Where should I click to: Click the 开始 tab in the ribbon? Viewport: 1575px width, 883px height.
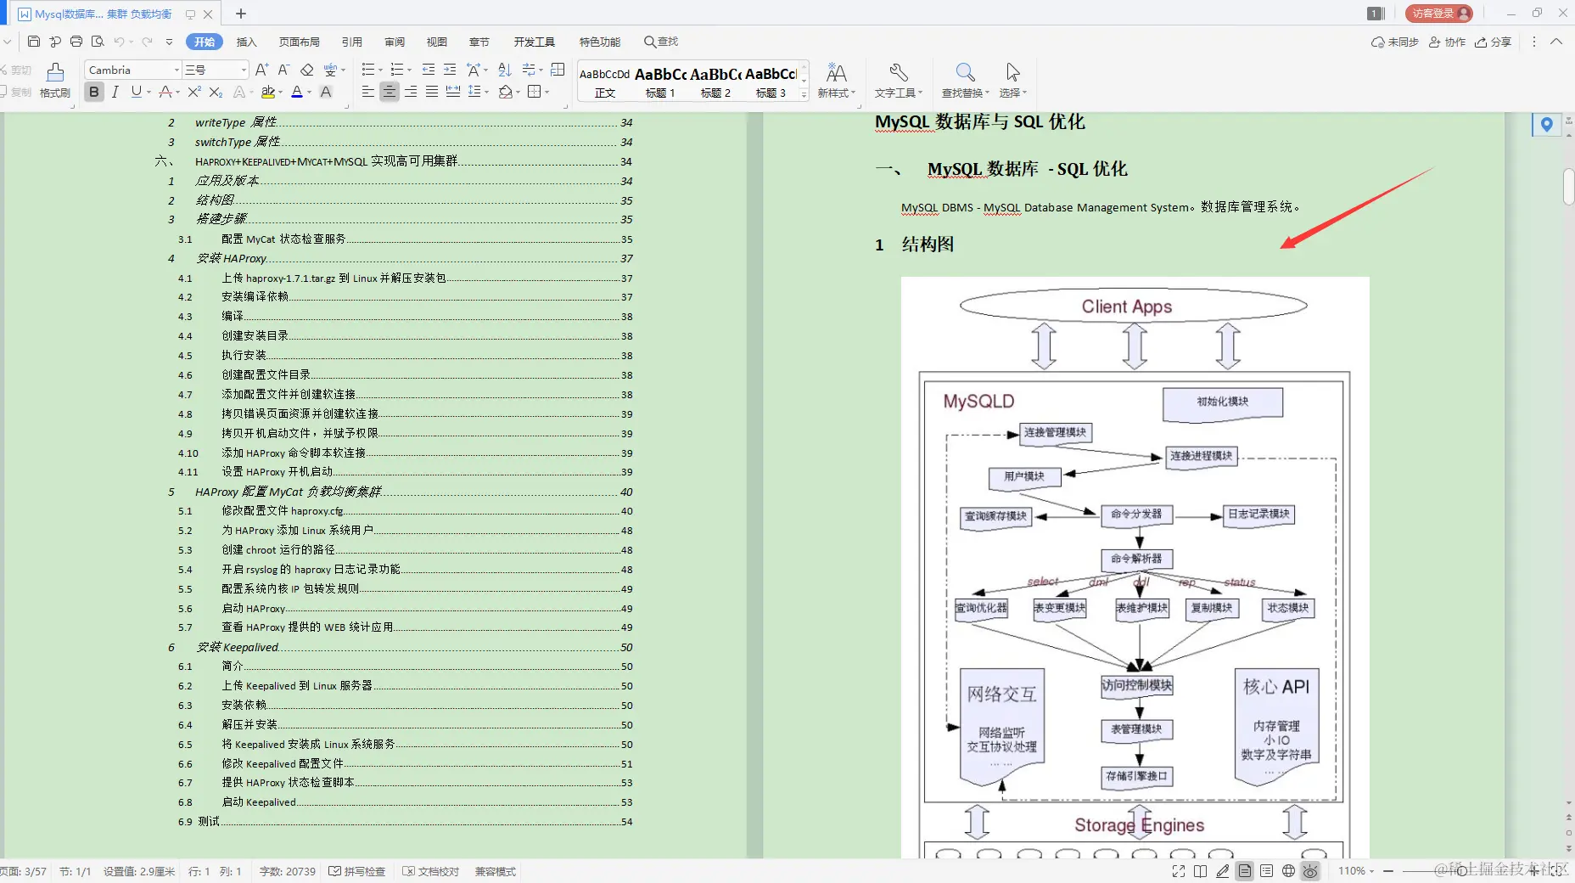tap(205, 42)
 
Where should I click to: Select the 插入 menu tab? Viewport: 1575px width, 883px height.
tap(246, 42)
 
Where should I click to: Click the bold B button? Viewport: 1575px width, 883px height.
tap(94, 92)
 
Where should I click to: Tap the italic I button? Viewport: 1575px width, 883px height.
tap(115, 92)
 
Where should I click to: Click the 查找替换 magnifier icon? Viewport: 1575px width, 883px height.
tap(965, 72)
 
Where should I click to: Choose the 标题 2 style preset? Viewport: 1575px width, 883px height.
tap(715, 82)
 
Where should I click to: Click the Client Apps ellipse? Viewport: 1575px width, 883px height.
tap(1133, 307)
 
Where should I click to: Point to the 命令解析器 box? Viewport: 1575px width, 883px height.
tap(1136, 559)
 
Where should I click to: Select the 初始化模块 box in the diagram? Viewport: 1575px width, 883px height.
tap(1222, 402)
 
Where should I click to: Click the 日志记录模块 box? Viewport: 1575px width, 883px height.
tap(1258, 515)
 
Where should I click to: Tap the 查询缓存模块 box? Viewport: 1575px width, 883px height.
tap(996, 516)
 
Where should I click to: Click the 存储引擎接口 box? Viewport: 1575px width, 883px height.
tap(1136, 776)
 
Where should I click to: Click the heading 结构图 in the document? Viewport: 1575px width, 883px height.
tap(928, 245)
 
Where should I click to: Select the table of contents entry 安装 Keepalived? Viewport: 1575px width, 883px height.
tap(238, 647)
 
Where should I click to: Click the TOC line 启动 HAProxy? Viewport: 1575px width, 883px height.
tap(253, 609)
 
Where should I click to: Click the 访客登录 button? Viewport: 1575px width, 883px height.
tap(1438, 14)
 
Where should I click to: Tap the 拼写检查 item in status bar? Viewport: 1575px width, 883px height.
tap(357, 871)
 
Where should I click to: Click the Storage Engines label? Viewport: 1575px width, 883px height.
tap(1139, 825)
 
